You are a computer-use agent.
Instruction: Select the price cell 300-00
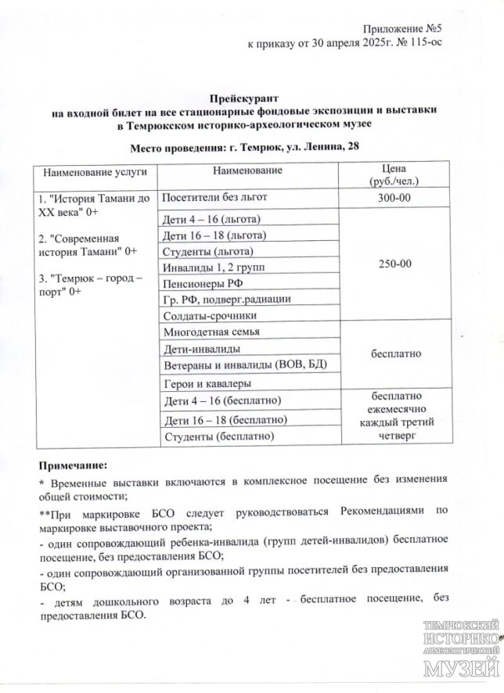click(x=394, y=198)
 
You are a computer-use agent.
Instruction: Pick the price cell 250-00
click(x=394, y=264)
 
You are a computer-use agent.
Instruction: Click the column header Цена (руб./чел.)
click(x=394, y=176)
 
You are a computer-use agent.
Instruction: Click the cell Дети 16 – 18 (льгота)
click(x=214, y=235)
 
